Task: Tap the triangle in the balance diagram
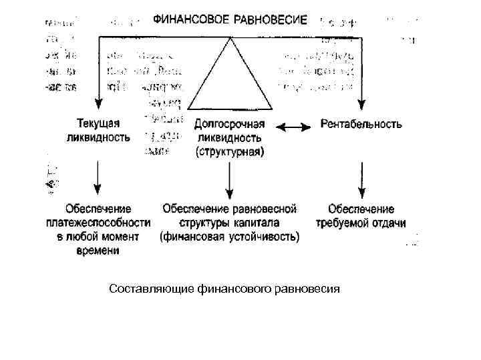(x=230, y=77)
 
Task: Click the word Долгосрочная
(x=230, y=125)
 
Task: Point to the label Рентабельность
(x=361, y=124)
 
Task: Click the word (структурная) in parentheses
(x=230, y=151)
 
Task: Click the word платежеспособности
(x=99, y=223)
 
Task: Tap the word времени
(x=99, y=251)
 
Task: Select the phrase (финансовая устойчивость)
(x=230, y=237)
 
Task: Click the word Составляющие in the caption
(x=151, y=289)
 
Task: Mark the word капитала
(x=257, y=223)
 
